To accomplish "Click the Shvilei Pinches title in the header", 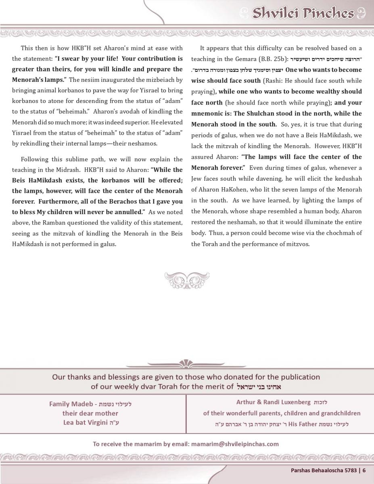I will tap(303, 13).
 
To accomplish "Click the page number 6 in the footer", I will tap(364, 470).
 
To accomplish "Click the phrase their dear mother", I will tap(90, 413).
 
